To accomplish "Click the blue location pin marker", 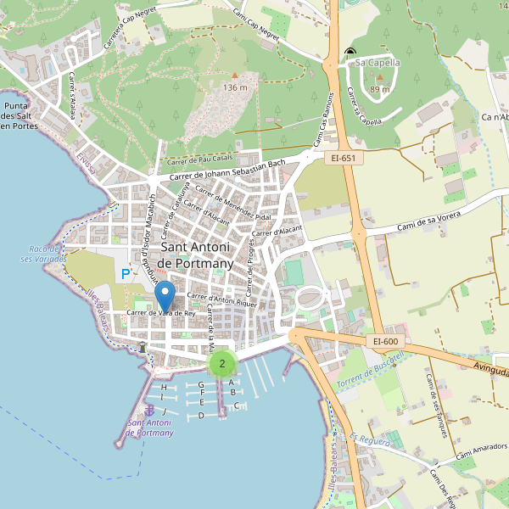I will click(166, 295).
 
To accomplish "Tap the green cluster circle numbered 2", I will click(222, 364).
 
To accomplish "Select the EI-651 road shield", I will click(343, 157).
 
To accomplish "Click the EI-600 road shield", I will click(385, 341).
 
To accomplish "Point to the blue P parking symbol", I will click(126, 274).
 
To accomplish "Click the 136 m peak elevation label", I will click(235, 87).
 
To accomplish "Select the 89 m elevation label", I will click(380, 89).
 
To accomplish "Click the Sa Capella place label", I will click(378, 62).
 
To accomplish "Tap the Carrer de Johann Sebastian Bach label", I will click(227, 169).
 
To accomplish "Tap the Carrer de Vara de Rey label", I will click(161, 313).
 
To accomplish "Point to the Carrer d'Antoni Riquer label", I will click(221, 299).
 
